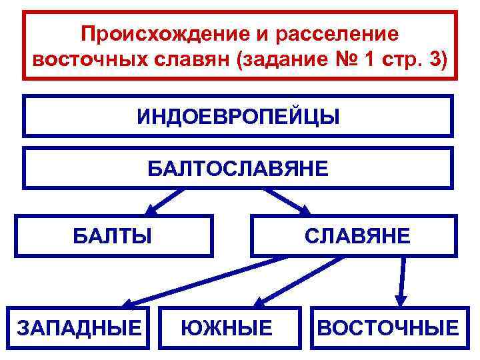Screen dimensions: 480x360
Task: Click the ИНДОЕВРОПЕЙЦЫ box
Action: (238, 116)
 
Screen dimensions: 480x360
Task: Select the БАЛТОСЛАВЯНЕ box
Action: (238, 167)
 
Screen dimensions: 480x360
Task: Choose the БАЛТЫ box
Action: (113, 235)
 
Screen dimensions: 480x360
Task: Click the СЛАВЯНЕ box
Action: (353, 235)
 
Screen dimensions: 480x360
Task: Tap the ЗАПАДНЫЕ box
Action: (79, 327)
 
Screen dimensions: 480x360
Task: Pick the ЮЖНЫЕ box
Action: (227, 327)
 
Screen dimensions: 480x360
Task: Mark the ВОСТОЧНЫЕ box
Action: (389, 327)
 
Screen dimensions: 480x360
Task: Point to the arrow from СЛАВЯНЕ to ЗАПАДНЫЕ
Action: (200, 280)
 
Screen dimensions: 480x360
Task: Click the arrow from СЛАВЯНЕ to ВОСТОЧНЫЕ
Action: (401, 280)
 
